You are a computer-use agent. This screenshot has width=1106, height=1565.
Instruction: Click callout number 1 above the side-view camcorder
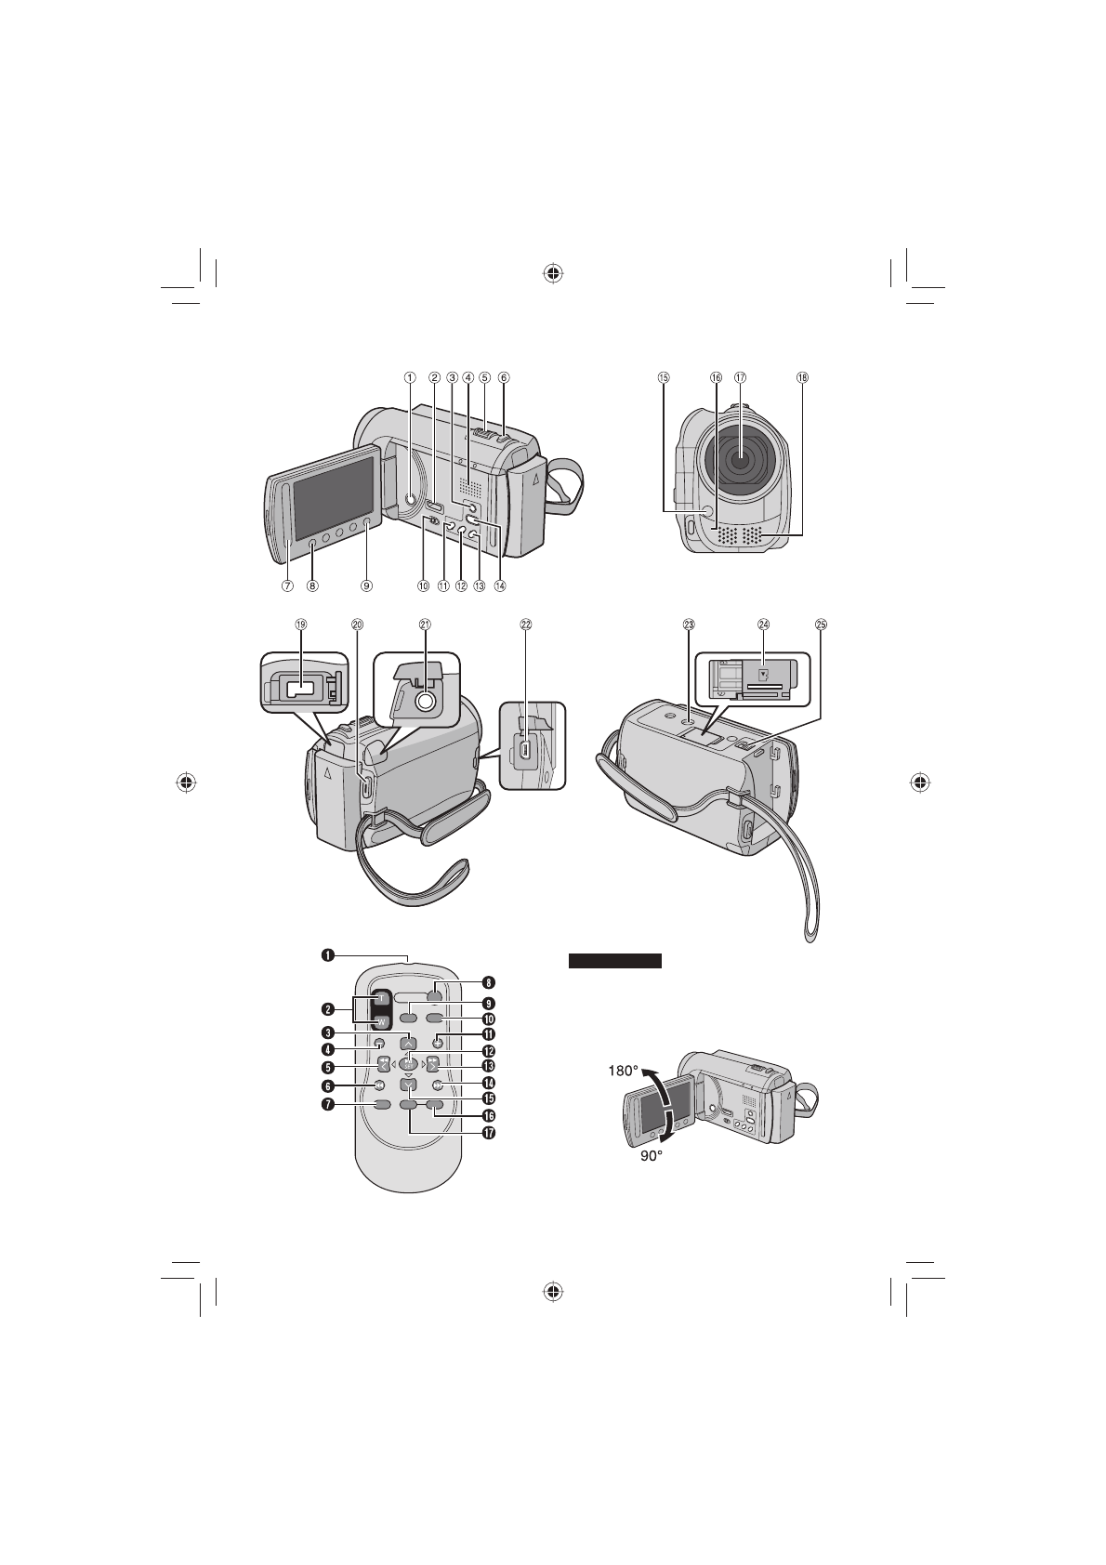tap(408, 377)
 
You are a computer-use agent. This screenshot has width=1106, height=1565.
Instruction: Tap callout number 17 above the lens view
tap(740, 378)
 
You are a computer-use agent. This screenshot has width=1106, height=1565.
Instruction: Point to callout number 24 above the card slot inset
tap(763, 625)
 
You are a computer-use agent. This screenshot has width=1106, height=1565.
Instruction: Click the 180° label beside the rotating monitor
tap(625, 1070)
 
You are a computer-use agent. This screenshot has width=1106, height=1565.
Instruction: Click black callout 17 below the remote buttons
tap(487, 1133)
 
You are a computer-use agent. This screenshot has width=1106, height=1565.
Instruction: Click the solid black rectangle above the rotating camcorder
tap(614, 961)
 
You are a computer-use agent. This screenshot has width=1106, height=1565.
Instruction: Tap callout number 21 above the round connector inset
tap(425, 625)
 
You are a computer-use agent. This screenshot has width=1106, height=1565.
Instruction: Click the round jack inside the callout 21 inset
tap(426, 702)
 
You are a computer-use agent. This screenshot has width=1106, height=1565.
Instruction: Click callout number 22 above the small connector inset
tap(525, 625)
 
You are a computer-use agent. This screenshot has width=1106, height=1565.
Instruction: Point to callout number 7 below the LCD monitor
tap(288, 586)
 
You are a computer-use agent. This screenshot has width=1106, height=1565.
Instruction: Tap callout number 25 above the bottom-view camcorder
tap(820, 625)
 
